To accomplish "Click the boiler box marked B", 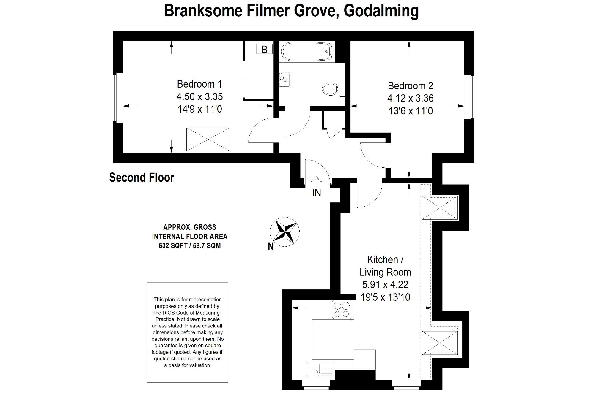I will click(x=264, y=49).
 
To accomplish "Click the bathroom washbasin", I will click(x=284, y=80).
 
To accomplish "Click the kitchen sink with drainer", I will click(x=319, y=369).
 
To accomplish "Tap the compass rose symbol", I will click(x=285, y=232).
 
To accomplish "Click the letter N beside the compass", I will click(x=271, y=247).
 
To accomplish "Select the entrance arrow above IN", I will click(x=316, y=182).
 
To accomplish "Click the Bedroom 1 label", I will click(x=199, y=84).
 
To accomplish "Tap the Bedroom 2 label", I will click(x=410, y=86).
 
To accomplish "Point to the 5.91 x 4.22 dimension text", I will click(x=385, y=285).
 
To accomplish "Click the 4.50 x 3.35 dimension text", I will click(x=199, y=97).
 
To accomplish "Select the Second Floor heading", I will click(x=142, y=178).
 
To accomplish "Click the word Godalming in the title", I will click(x=381, y=11).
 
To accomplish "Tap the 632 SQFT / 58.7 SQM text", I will click(x=190, y=246).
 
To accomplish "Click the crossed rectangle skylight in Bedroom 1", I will click(x=208, y=139).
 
